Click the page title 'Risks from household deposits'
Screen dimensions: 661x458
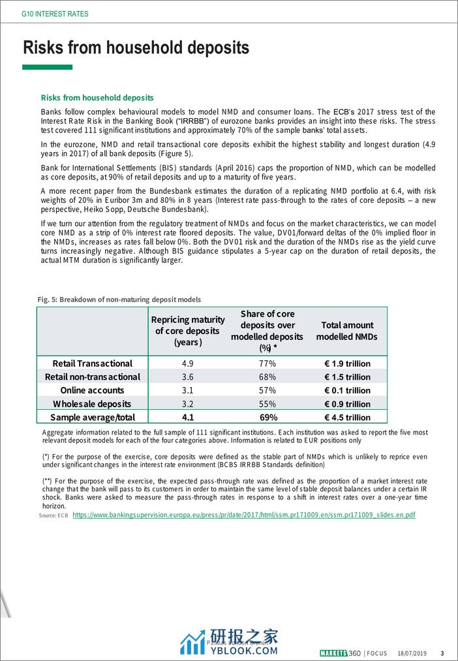(x=136, y=48)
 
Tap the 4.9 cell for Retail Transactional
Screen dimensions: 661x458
(x=188, y=363)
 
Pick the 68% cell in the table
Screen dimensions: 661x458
(x=267, y=377)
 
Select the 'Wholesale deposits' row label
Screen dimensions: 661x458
(x=92, y=404)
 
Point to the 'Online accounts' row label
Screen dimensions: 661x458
(x=92, y=390)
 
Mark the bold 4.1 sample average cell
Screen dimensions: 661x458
(x=188, y=418)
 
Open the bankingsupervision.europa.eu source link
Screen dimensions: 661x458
(x=243, y=515)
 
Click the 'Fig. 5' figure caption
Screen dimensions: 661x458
(x=119, y=300)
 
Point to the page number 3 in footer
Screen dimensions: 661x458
(x=442, y=653)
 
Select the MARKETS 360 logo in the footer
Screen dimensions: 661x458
(x=340, y=653)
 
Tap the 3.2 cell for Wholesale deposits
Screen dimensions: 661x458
(x=188, y=404)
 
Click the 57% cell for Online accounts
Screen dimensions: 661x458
(x=267, y=390)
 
